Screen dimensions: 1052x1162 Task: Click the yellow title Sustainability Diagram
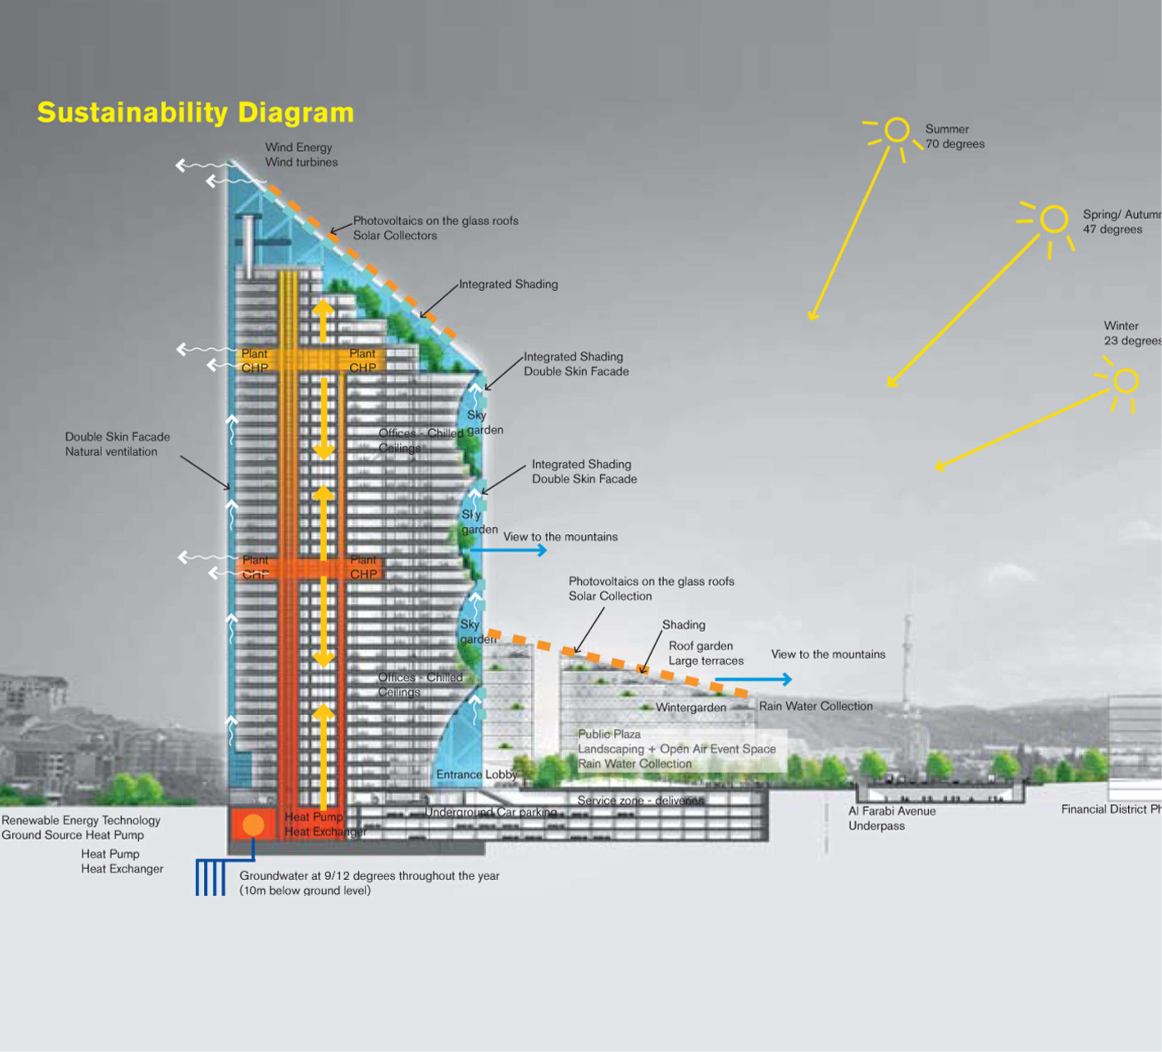[x=195, y=112]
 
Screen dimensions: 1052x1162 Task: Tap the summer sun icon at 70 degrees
[x=897, y=130]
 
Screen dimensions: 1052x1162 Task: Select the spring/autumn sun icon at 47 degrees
[x=1054, y=220]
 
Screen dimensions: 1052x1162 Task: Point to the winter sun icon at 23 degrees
[x=1125, y=381]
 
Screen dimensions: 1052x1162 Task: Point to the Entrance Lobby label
[x=476, y=774]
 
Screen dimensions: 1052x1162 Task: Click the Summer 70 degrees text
[x=954, y=136]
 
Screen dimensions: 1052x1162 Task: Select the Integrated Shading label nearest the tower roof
[x=508, y=284]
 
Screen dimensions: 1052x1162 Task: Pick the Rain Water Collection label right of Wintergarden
[x=815, y=706]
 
